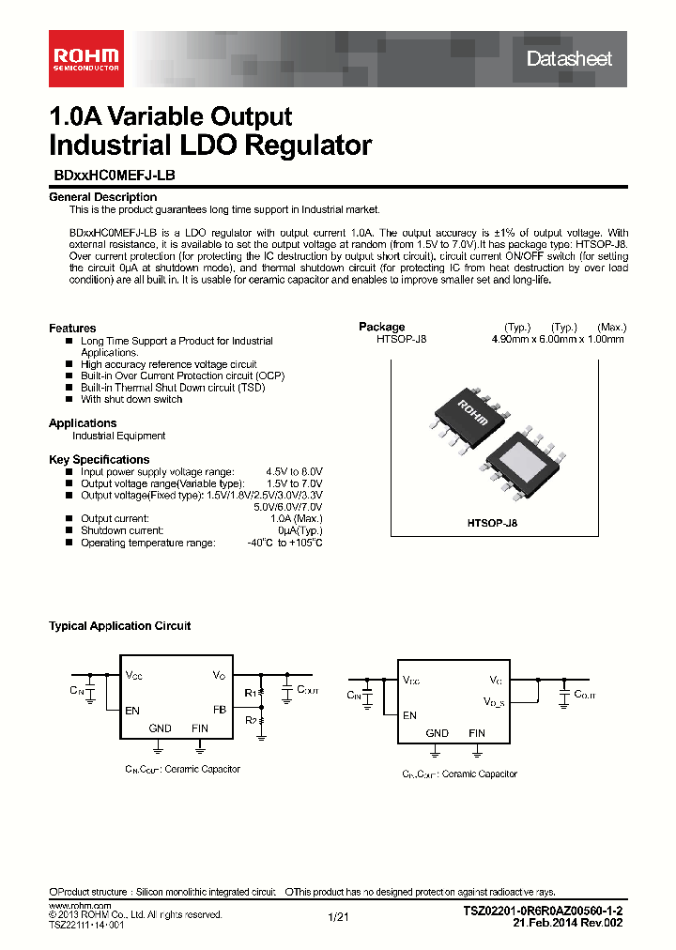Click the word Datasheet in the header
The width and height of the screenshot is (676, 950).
click(x=569, y=58)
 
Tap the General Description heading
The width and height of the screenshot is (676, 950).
click(x=102, y=197)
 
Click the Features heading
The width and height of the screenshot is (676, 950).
click(x=72, y=328)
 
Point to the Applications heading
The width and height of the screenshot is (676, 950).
click(x=83, y=423)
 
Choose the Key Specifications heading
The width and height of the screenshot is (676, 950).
click(x=99, y=459)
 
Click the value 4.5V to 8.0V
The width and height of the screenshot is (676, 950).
click(x=294, y=471)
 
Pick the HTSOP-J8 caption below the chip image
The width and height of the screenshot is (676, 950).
click(x=492, y=524)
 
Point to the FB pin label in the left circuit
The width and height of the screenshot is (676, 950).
click(x=219, y=710)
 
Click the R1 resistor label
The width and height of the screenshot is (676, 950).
click(x=250, y=694)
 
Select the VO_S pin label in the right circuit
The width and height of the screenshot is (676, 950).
click(x=495, y=699)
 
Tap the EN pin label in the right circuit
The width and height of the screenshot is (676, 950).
click(x=409, y=714)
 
